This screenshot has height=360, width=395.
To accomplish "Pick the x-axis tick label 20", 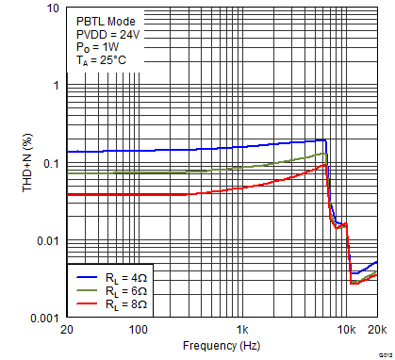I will tap(65, 330).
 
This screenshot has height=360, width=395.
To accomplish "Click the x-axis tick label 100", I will tap(138, 330).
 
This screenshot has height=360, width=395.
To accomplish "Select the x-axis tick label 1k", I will tap(242, 330).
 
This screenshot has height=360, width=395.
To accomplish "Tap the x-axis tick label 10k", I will tap(347, 330).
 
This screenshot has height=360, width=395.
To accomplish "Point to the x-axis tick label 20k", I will tap(376, 330).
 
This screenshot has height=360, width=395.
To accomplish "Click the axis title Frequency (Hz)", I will tap(221, 346).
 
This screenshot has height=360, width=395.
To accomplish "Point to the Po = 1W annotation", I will tap(98, 47).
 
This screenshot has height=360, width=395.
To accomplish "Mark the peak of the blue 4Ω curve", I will tap(324, 140).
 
